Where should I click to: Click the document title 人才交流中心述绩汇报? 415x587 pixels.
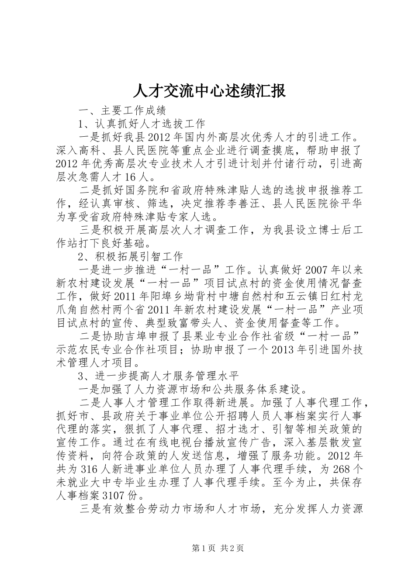[x=208, y=91]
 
